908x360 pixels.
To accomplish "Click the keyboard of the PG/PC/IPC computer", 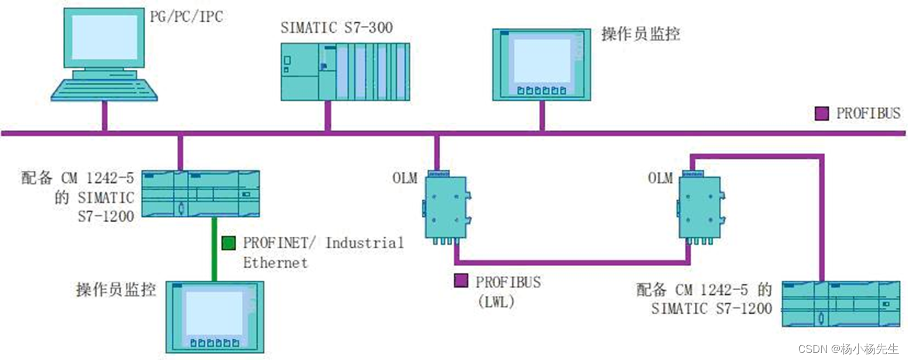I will (104, 90).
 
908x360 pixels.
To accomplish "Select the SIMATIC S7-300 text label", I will (337, 27).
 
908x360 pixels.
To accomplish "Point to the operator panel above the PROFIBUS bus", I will (541, 63).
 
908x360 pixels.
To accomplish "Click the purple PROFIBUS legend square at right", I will (822, 113).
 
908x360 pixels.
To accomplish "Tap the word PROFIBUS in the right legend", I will (868, 113).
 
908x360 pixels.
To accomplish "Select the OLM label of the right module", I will (660, 178).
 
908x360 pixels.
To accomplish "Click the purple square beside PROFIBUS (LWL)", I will (462, 281).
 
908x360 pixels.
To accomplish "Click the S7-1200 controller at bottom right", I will (840, 303).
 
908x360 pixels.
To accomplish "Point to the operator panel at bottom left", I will (214, 317).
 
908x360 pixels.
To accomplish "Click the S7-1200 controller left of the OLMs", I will (200, 193).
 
